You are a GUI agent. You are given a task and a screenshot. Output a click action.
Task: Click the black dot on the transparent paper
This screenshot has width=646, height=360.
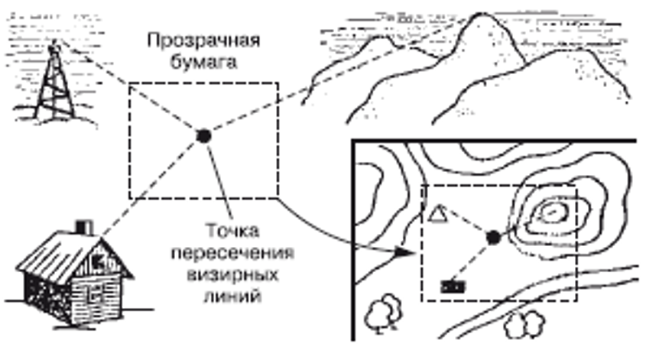click(x=203, y=136)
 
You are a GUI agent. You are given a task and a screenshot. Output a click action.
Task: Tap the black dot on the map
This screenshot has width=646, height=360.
click(x=493, y=238)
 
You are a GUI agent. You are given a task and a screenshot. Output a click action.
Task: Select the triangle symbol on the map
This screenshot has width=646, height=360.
click(x=437, y=214)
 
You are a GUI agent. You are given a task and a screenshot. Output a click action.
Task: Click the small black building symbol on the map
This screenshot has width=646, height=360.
click(x=453, y=286)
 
